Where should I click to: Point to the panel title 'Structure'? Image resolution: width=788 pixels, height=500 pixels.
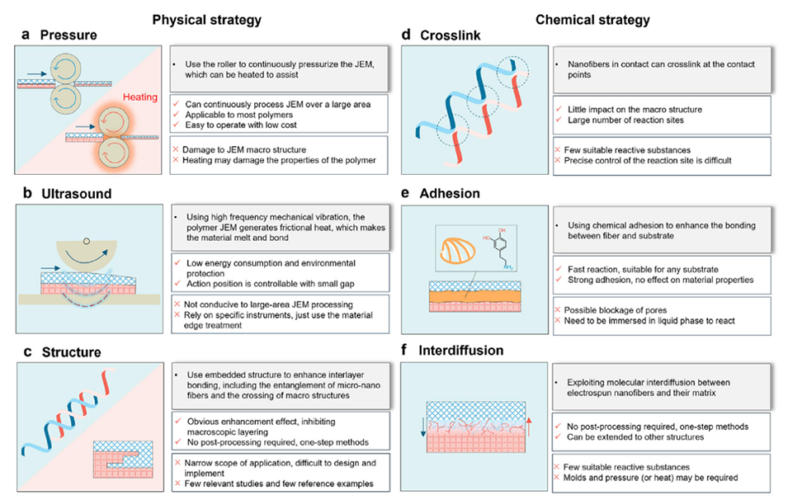coord(71,352)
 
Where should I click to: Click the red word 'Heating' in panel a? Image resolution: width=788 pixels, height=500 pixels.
coord(140,97)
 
